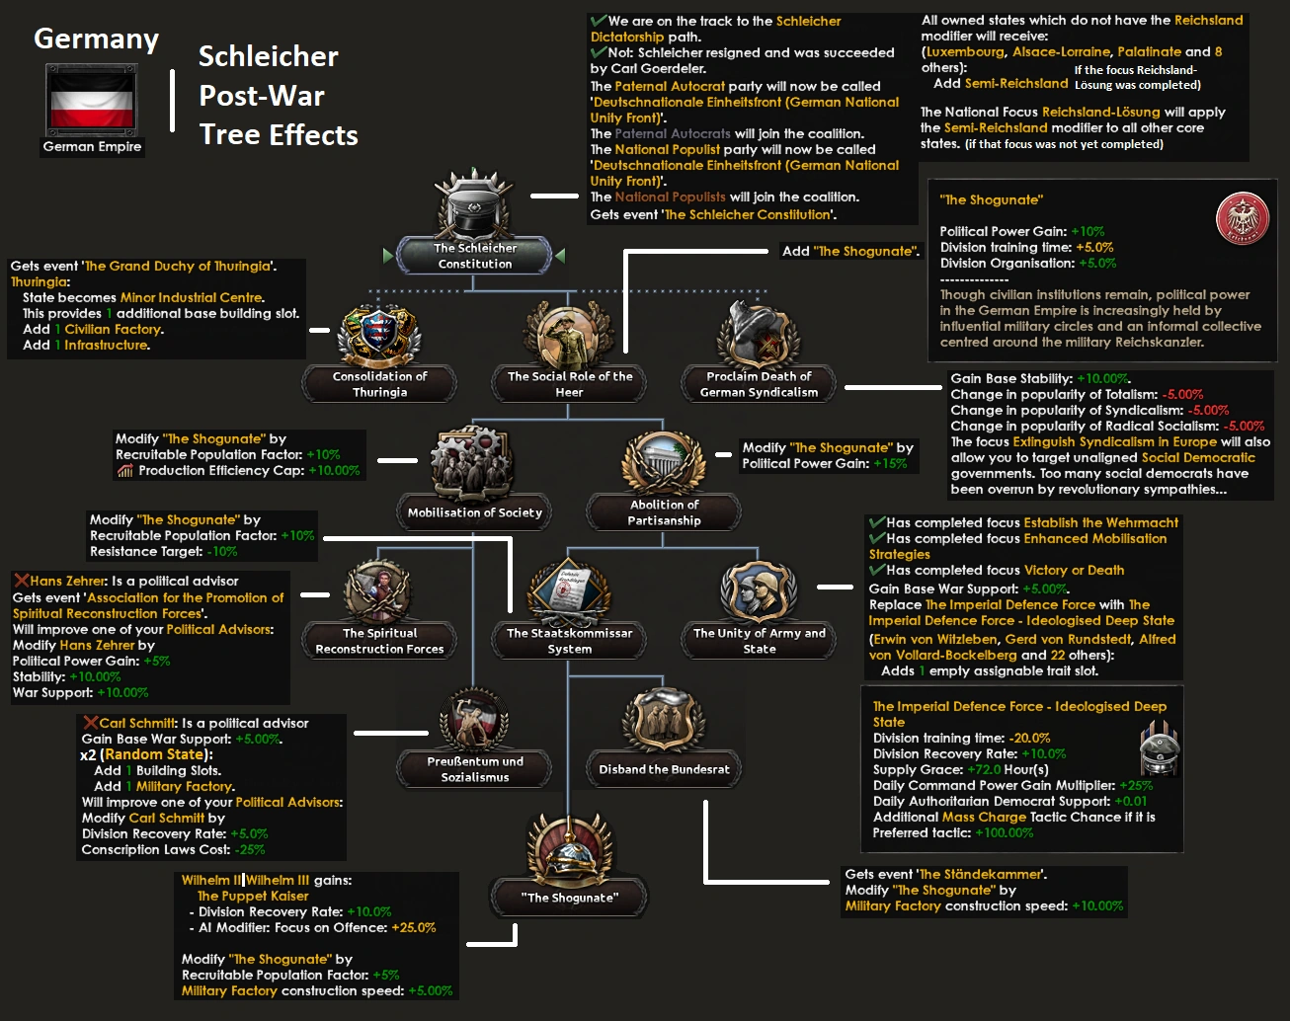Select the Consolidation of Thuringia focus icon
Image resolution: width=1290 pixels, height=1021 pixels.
tap(380, 334)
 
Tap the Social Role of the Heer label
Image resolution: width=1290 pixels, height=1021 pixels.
tap(570, 384)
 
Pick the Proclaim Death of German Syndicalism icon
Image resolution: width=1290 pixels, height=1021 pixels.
tap(759, 334)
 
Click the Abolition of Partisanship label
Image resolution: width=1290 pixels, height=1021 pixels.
tap(664, 511)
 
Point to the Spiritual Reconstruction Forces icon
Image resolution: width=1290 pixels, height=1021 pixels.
tap(380, 591)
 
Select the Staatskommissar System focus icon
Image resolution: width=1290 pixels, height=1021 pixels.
tap(570, 591)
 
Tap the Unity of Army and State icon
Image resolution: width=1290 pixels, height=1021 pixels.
tap(759, 591)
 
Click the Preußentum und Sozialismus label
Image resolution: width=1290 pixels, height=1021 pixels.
tap(475, 769)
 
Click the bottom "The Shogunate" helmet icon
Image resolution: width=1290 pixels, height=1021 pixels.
tap(570, 848)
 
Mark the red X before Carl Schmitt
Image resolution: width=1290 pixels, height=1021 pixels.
tap(90, 723)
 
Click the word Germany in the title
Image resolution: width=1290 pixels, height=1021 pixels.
tap(96, 39)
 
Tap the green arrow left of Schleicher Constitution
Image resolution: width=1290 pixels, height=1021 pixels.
tap(388, 256)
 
